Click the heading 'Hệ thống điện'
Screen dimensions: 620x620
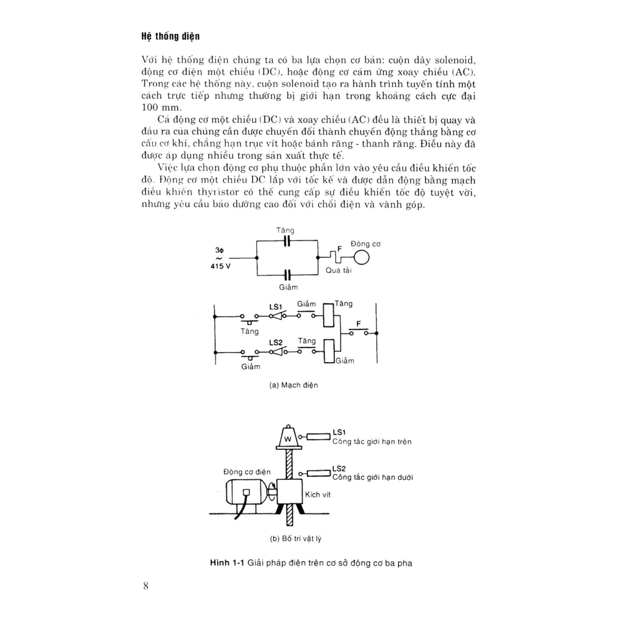tap(170, 36)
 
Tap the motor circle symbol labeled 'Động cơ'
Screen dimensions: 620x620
tap(361, 257)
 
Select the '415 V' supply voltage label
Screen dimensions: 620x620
tap(221, 266)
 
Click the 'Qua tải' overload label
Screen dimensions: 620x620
tap(338, 270)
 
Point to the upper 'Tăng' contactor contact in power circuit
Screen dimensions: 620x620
tap(287, 241)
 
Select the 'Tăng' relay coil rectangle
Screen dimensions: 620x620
tap(328, 315)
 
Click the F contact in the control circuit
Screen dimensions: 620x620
tap(358, 333)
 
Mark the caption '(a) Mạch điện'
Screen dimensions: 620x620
tap(294, 385)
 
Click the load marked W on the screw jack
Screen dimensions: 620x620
tap(288, 439)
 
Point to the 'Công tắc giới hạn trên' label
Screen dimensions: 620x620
tap(372, 442)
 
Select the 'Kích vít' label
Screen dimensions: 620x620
tap(318, 495)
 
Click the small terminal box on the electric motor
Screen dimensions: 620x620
tap(246, 492)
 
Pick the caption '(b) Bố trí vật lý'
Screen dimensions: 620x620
tap(295, 539)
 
